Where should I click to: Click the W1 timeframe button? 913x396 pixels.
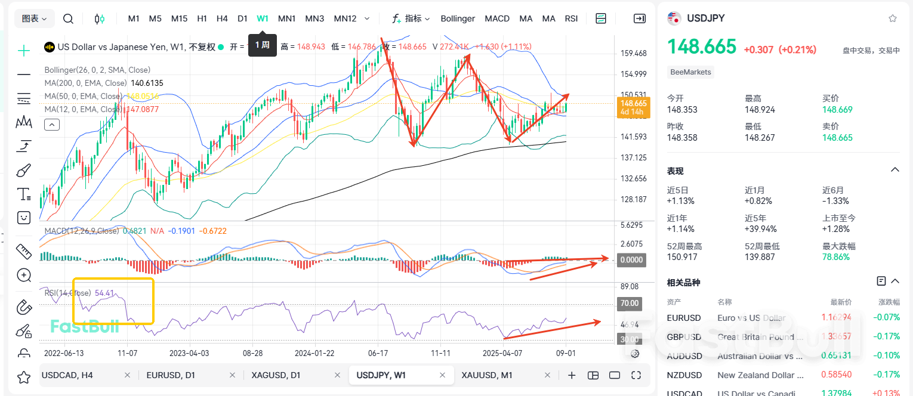pyautogui.click(x=263, y=18)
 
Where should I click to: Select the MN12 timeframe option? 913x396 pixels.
pyautogui.click(x=345, y=18)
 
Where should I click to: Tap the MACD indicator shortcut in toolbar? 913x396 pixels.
pyautogui.click(x=497, y=18)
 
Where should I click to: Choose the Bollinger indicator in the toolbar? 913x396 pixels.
pyautogui.click(x=458, y=18)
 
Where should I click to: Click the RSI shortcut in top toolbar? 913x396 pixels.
pyautogui.click(x=571, y=18)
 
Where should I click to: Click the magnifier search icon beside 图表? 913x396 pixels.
pyautogui.click(x=68, y=18)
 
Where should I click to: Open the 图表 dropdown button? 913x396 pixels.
pyautogui.click(x=35, y=18)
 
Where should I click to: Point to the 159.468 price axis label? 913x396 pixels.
pyautogui.click(x=634, y=54)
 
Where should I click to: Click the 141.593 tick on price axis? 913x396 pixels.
pyautogui.click(x=634, y=137)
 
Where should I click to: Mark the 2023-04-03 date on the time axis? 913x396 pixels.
pyautogui.click(x=189, y=353)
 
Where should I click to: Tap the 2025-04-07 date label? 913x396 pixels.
pyautogui.click(x=502, y=353)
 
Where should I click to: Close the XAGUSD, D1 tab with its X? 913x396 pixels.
pyautogui.click(x=337, y=375)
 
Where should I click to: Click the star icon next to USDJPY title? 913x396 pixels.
pyautogui.click(x=893, y=18)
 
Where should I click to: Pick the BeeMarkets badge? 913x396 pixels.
pyautogui.click(x=691, y=72)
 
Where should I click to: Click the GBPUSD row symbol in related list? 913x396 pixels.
pyautogui.click(x=684, y=337)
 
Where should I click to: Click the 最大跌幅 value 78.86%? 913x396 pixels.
pyautogui.click(x=836, y=257)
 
